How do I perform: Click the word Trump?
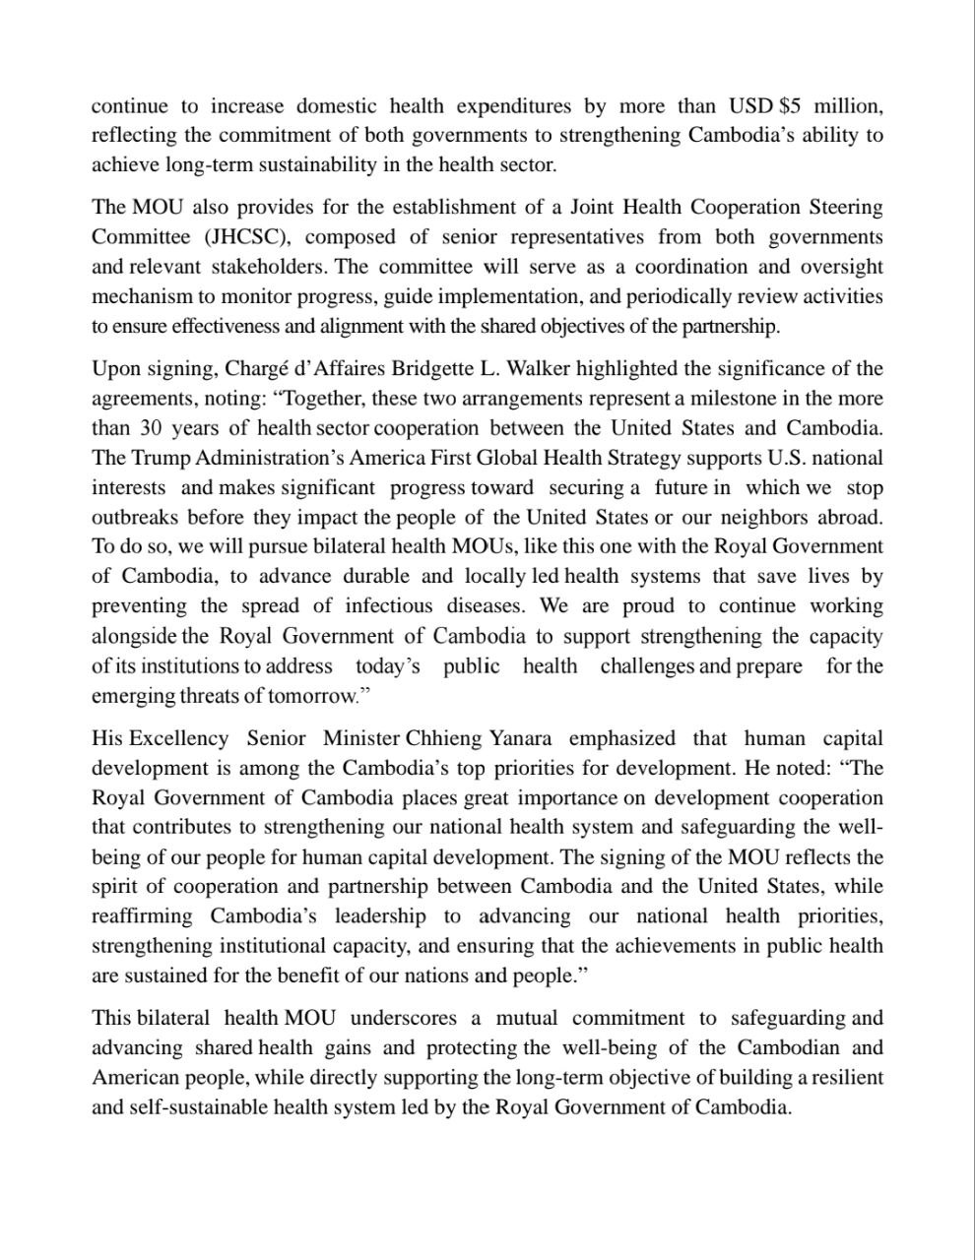tap(161, 458)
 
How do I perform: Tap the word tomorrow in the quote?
tap(313, 697)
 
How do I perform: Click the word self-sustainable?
tap(198, 1107)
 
